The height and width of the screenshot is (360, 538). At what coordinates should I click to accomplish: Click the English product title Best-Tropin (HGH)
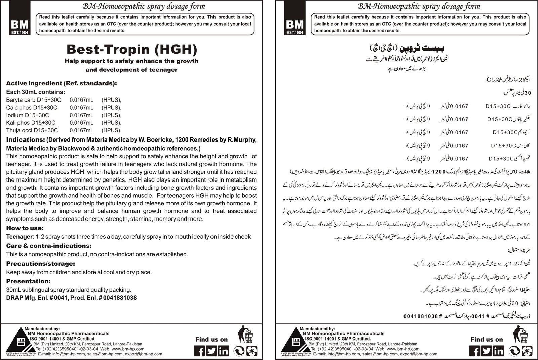click(131, 49)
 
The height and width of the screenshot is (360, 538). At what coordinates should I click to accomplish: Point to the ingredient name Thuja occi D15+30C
click(32, 130)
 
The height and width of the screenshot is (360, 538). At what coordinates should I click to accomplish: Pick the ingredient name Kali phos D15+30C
click(31, 123)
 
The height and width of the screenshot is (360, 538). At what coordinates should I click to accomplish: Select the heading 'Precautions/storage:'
click(40, 264)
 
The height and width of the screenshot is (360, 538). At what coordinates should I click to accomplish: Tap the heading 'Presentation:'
click(28, 281)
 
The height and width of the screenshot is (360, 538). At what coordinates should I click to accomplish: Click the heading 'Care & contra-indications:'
click(49, 246)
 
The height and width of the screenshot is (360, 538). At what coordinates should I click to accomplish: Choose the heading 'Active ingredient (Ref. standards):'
click(62, 83)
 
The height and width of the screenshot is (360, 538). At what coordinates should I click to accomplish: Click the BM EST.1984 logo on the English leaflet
click(20, 26)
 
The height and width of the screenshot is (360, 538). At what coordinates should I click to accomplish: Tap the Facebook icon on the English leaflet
click(199, 351)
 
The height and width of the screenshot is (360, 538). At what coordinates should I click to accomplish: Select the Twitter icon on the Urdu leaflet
click(487, 351)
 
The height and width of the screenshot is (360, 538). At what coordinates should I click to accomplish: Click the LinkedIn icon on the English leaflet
click(223, 351)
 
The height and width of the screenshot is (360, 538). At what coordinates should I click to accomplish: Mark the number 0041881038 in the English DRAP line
click(120, 298)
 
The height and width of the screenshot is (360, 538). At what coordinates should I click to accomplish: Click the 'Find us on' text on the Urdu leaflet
click(487, 339)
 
